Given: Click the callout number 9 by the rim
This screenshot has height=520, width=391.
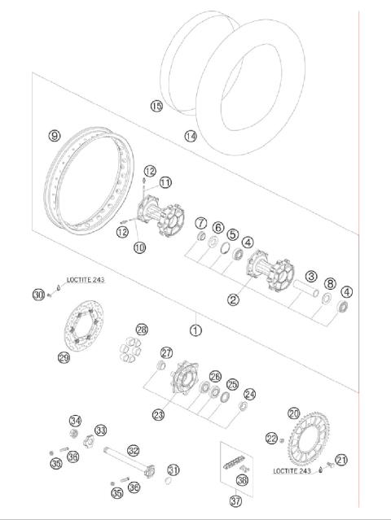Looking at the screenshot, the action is (55, 135).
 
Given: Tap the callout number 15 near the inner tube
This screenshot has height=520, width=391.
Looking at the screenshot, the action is (156, 106).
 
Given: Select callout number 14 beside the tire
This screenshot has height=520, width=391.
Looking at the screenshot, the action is (191, 136).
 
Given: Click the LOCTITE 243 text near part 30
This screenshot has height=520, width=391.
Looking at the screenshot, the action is (86, 280).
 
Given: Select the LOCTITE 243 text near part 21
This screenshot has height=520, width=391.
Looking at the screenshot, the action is (292, 471).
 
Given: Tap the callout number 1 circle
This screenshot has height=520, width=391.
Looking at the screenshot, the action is (195, 330).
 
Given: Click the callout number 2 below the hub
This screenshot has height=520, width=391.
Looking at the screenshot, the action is (233, 299).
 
